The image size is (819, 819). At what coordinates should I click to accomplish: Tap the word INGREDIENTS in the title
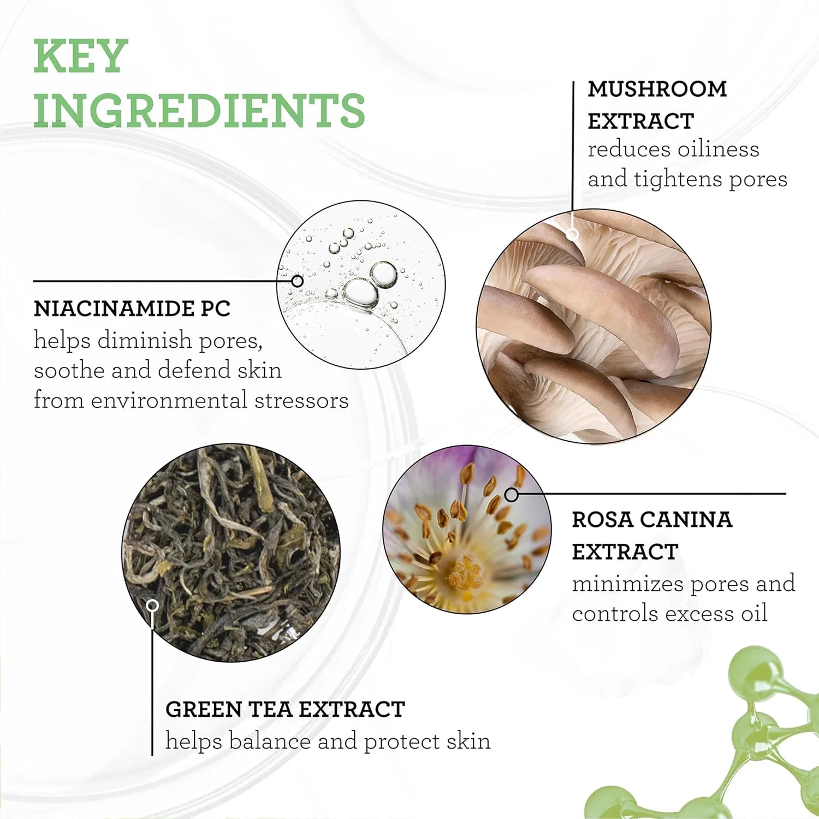coord(199,110)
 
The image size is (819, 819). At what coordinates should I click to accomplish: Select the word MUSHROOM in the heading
coord(657,89)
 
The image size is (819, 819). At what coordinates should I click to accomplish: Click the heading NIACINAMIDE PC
coord(132,308)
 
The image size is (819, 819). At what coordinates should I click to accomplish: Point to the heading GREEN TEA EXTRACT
coord(285,709)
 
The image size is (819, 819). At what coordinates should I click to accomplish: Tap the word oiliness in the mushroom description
coord(719,149)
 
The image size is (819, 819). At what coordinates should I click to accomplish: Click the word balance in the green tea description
coord(270,741)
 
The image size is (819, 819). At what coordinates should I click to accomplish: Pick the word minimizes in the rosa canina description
coord(628,584)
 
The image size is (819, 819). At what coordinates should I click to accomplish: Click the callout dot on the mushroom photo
coord(572,234)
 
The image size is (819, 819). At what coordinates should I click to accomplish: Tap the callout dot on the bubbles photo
coord(298,281)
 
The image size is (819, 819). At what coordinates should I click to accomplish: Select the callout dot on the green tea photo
coord(153,606)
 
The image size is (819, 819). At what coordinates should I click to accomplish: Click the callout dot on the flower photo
coord(512,495)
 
